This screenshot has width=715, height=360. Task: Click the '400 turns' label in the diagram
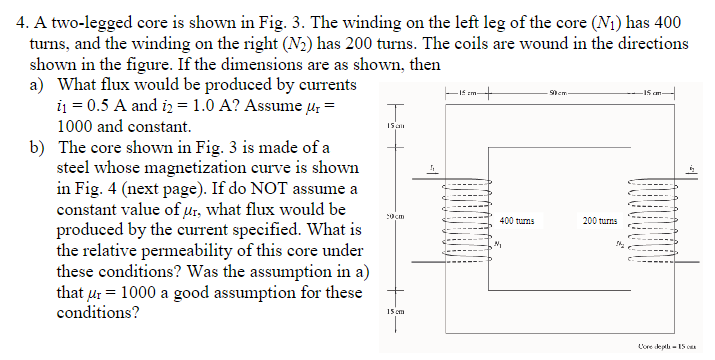(517, 219)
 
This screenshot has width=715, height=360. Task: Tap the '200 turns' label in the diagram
(600, 219)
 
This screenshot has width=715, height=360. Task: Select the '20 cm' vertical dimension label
(393, 217)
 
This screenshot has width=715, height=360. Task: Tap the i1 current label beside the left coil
(432, 169)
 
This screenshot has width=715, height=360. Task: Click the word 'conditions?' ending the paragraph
(98, 311)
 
